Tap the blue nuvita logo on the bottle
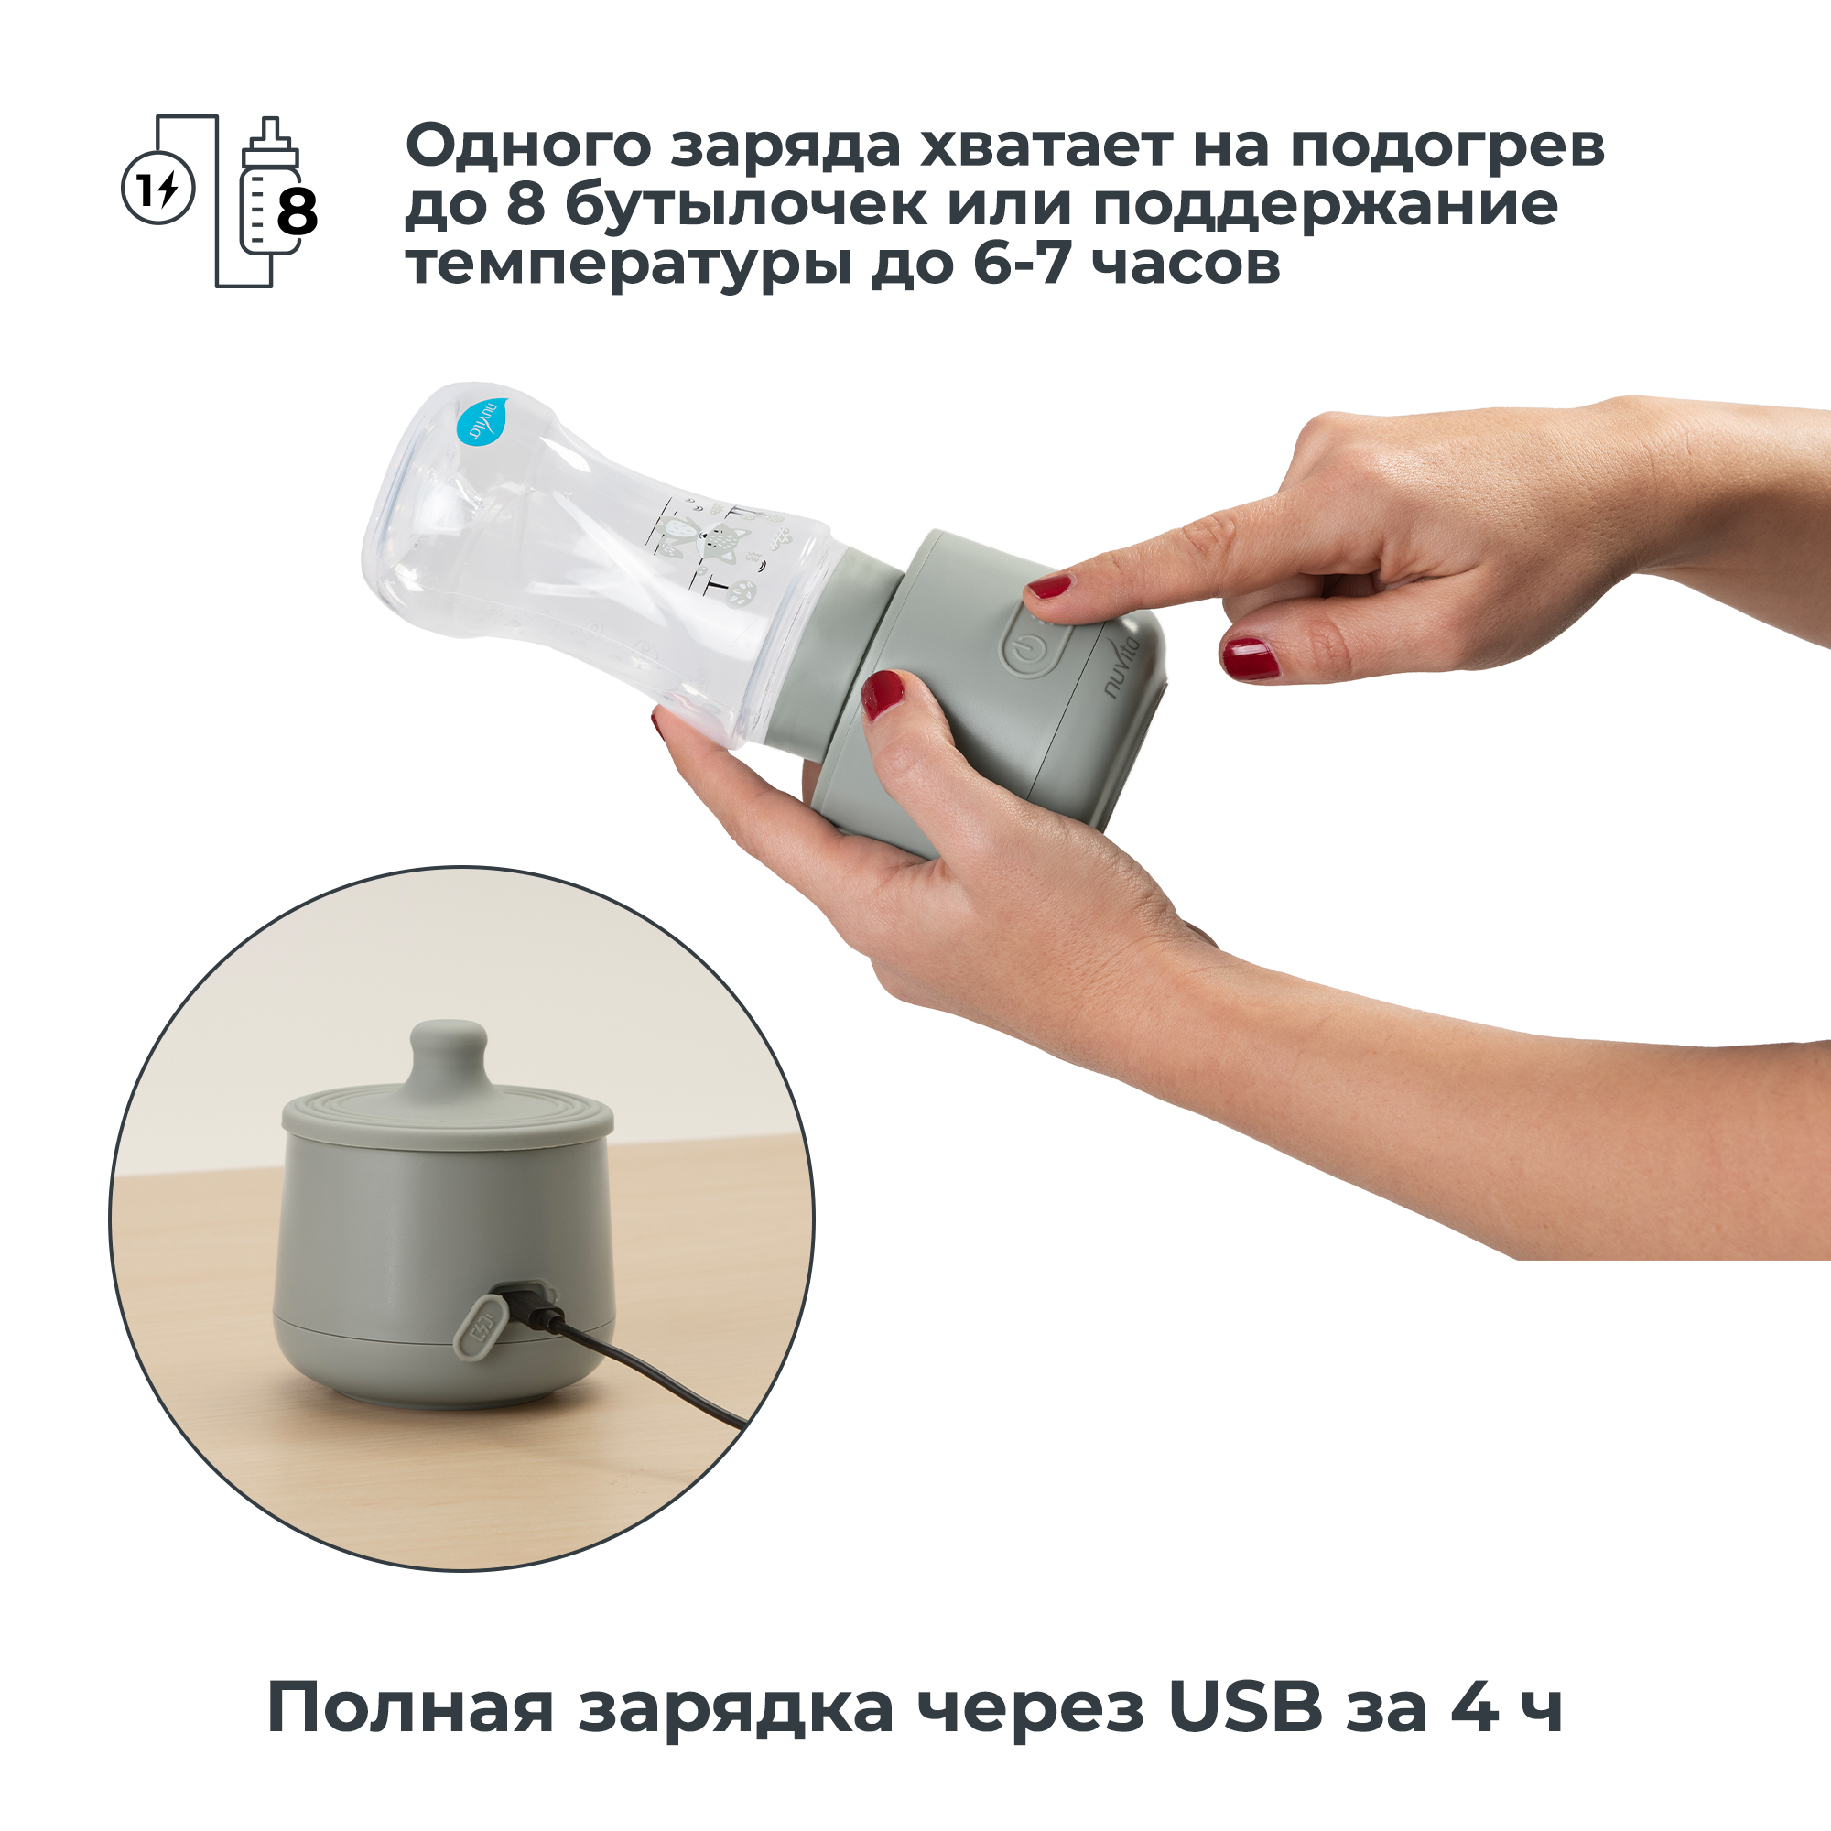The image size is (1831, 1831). [481, 418]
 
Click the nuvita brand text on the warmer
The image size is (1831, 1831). [1127, 667]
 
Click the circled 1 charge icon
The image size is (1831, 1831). [158, 189]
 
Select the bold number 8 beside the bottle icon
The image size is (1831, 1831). [297, 212]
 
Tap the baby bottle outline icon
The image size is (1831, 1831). [269, 186]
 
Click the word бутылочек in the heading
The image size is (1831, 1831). [747, 206]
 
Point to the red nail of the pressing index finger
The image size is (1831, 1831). [1049, 587]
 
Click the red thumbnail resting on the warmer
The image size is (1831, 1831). [883, 694]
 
